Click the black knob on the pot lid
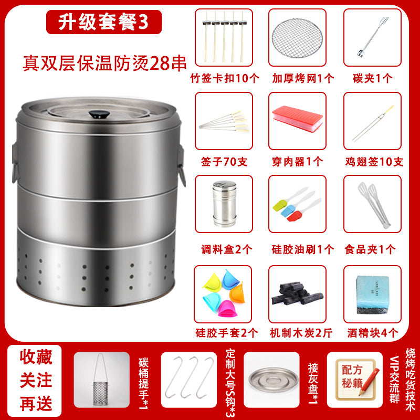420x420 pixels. [x=99, y=114]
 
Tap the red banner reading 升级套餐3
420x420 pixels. [x=104, y=22]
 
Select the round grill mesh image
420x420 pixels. [x=297, y=38]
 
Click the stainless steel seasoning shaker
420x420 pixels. [x=225, y=204]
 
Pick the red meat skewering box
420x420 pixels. [x=297, y=119]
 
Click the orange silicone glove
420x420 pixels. [x=238, y=293]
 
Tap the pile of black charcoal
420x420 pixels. [x=297, y=293]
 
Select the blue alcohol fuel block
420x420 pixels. [x=372, y=295]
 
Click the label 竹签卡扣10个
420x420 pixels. [x=225, y=78]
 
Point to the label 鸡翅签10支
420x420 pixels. [x=374, y=162]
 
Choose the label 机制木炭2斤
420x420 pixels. [x=301, y=333]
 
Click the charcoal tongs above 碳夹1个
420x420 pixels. [x=372, y=37]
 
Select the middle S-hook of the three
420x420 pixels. [x=190, y=376]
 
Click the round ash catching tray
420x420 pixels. [x=273, y=380]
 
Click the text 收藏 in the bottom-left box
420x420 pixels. [x=36, y=358]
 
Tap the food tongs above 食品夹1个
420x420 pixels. [x=374, y=205]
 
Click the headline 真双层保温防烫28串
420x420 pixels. [x=104, y=64]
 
